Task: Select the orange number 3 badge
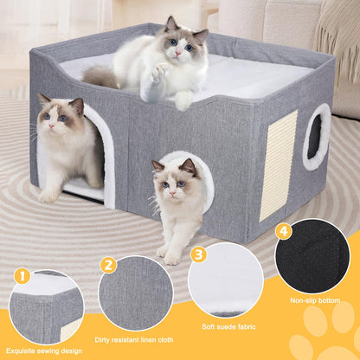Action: (x=198, y=254)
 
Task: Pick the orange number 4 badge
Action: (x=282, y=231)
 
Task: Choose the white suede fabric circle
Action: (x=226, y=280)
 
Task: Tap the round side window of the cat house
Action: (x=316, y=136)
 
